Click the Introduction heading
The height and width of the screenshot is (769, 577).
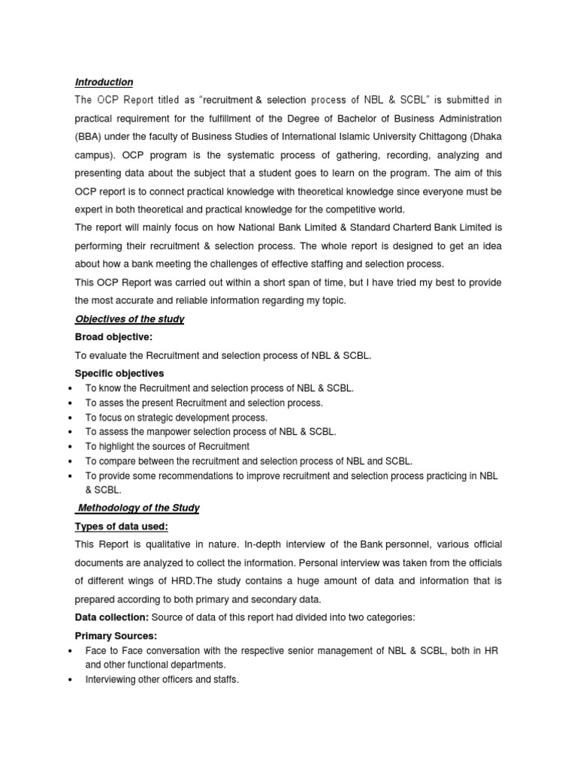click(104, 82)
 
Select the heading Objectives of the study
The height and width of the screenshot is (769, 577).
click(129, 319)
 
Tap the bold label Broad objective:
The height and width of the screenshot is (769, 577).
click(113, 338)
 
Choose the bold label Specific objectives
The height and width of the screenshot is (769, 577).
click(119, 373)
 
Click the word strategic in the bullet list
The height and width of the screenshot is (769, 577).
click(153, 418)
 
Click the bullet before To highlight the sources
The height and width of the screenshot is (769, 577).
click(69, 447)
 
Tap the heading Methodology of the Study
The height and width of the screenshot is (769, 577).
click(138, 508)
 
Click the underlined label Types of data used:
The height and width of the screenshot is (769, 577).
click(121, 526)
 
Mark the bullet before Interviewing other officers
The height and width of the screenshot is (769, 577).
click(69, 680)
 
